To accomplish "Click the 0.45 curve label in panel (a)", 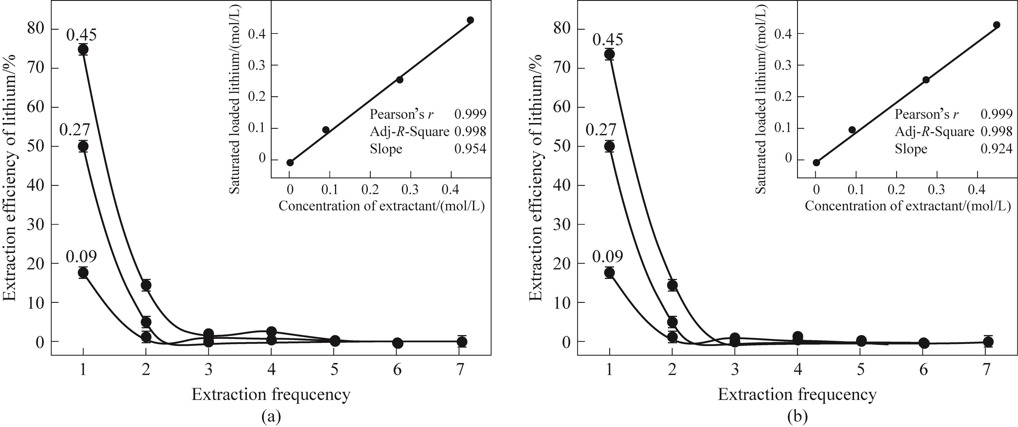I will (82, 35).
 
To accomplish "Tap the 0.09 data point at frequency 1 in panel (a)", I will (83, 272).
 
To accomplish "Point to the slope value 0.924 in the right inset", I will (996, 149).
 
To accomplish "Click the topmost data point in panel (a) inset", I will (470, 20).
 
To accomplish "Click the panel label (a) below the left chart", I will (271, 416).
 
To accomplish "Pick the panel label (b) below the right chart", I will (797, 416).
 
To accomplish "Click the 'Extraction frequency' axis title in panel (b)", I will (797, 394).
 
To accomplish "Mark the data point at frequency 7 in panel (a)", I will (461, 341).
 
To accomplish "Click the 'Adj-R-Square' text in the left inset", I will (409, 131).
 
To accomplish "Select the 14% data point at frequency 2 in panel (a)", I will (146, 285).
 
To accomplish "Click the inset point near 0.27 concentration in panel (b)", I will (926, 80).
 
